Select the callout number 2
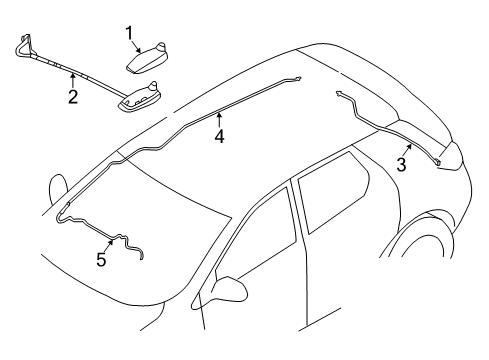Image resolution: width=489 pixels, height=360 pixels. tap(72, 96)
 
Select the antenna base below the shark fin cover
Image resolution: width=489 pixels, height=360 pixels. tap(140, 97)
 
